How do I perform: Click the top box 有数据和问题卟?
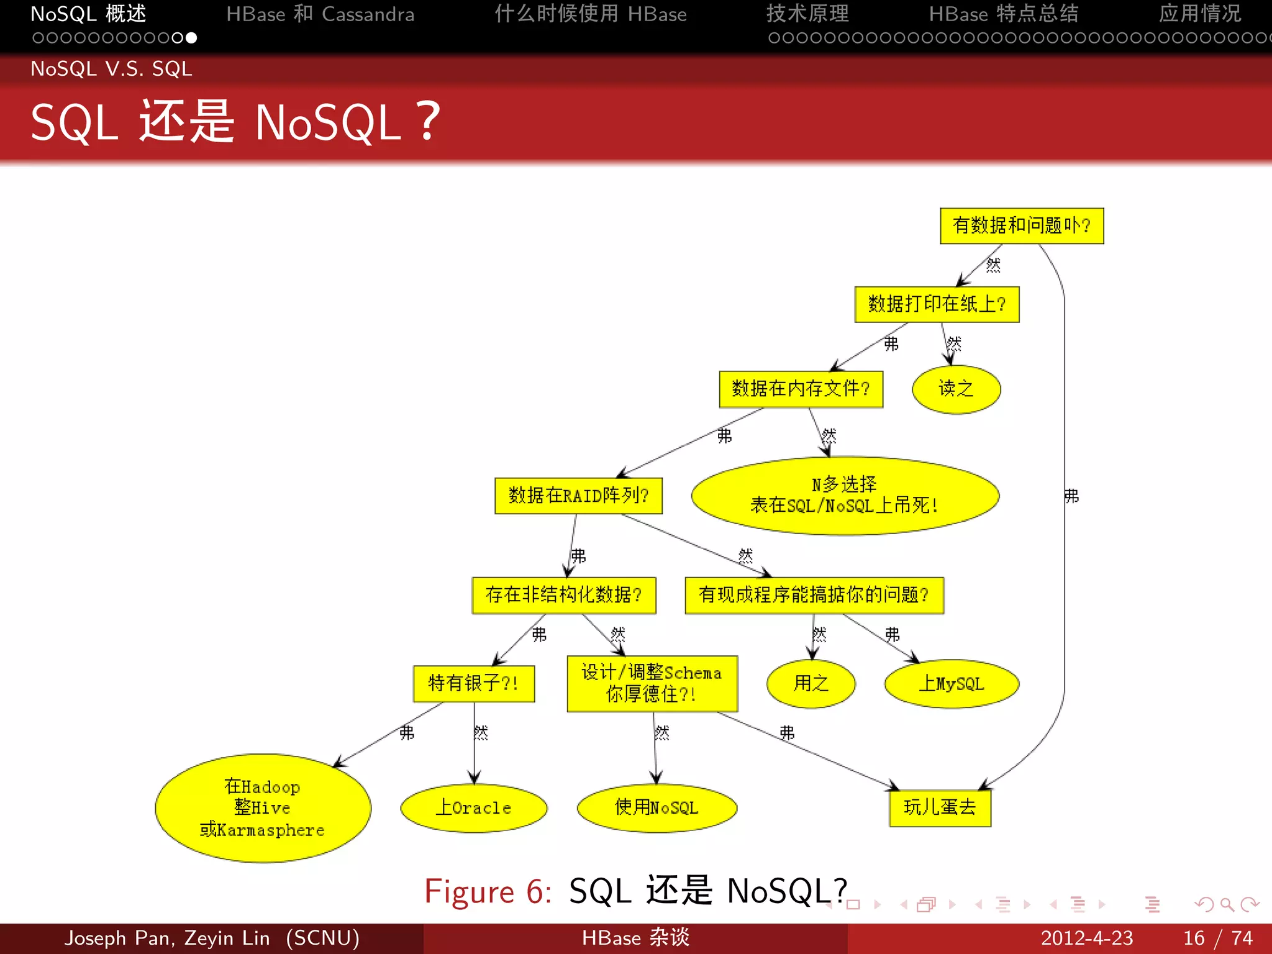click(1021, 225)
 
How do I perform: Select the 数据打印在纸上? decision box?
click(937, 304)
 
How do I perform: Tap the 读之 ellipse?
click(956, 389)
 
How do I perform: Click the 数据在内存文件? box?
click(801, 389)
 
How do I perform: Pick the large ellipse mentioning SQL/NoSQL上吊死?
click(845, 496)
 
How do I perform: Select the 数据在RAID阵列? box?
click(578, 496)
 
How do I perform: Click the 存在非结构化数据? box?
click(563, 595)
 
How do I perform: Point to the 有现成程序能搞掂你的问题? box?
click(814, 595)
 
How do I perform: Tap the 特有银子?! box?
click(473, 684)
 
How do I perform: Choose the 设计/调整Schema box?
click(652, 683)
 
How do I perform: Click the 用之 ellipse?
click(811, 684)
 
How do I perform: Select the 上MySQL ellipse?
click(951, 684)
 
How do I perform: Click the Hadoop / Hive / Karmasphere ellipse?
click(263, 808)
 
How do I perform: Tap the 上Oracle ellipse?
click(473, 808)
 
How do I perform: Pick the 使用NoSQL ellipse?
click(656, 808)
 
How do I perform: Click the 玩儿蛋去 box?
click(940, 808)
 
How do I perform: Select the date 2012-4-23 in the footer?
click(1086, 938)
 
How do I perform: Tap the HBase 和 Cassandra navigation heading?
click(320, 14)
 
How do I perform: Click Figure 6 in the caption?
click(488, 892)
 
